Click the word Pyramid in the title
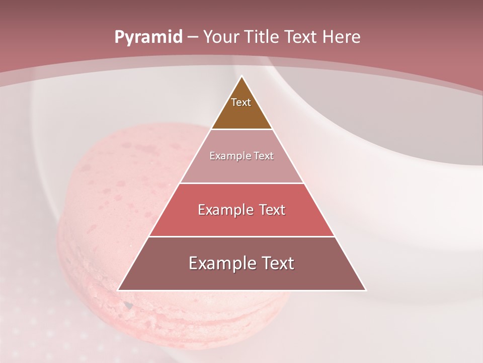pyautogui.click(x=148, y=37)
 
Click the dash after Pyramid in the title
pyautogui.click(x=193, y=37)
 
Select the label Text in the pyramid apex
pyautogui.click(x=241, y=102)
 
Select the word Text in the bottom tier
pyautogui.click(x=277, y=263)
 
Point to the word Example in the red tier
pyautogui.click(x=224, y=210)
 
